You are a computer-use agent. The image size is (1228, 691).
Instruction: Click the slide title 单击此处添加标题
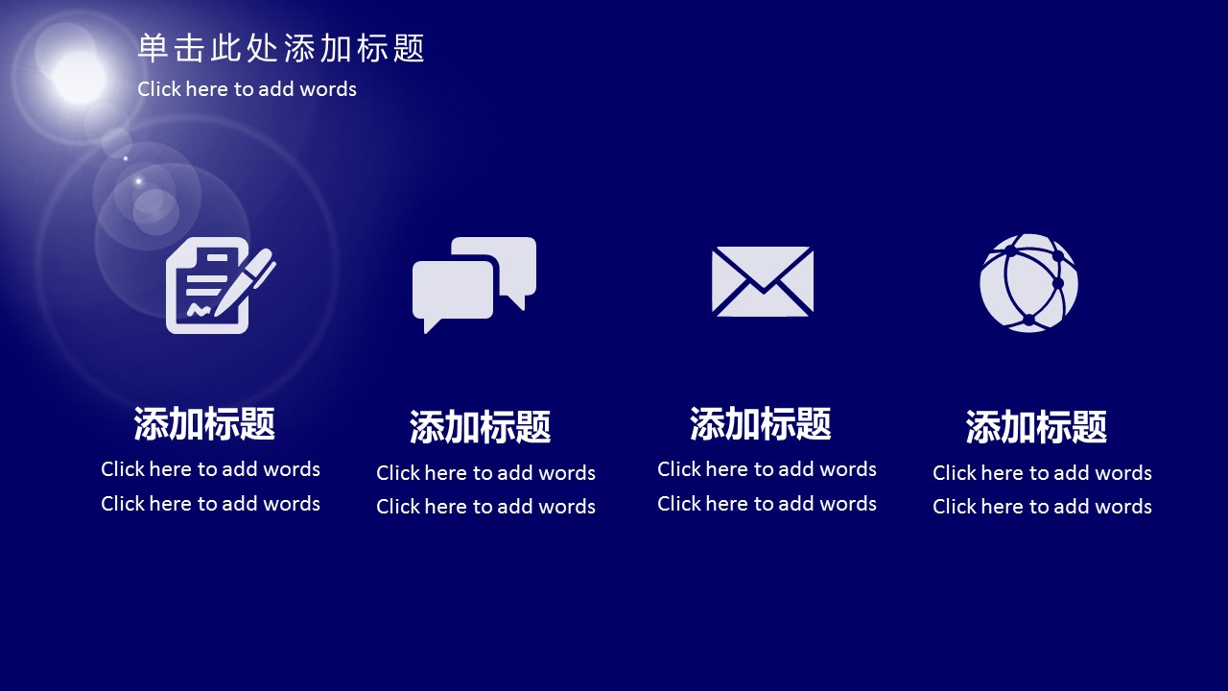(x=281, y=48)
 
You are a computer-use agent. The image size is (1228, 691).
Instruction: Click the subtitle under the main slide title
(x=247, y=89)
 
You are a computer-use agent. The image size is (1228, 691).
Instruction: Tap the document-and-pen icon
(x=221, y=285)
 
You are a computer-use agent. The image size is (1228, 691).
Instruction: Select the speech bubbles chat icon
(x=474, y=285)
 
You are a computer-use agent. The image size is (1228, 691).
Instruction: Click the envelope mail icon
(x=763, y=281)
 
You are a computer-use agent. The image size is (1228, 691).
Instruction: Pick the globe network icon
(x=1029, y=283)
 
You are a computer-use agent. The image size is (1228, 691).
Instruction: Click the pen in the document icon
(x=245, y=281)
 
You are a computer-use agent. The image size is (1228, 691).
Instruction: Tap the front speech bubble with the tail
(x=453, y=295)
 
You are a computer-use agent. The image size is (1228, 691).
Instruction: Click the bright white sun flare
(x=79, y=77)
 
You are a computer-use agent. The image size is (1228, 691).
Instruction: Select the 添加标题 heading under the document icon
(x=204, y=423)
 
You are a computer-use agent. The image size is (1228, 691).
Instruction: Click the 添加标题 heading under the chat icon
(x=481, y=427)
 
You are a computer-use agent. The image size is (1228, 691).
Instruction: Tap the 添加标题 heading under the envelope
(x=761, y=423)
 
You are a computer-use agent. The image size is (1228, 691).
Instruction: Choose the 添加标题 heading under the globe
(x=1036, y=427)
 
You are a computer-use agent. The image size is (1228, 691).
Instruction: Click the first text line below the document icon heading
(x=210, y=469)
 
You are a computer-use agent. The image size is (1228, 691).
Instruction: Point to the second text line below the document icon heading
(x=210, y=504)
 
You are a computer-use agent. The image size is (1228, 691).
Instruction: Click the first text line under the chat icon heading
(x=485, y=473)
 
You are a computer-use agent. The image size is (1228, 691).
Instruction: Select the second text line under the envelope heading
(x=767, y=504)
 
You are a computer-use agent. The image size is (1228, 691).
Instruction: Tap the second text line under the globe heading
(x=1042, y=506)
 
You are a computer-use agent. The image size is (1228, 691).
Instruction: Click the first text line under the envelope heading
(x=767, y=469)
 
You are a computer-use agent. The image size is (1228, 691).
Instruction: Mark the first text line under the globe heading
(x=1042, y=473)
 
